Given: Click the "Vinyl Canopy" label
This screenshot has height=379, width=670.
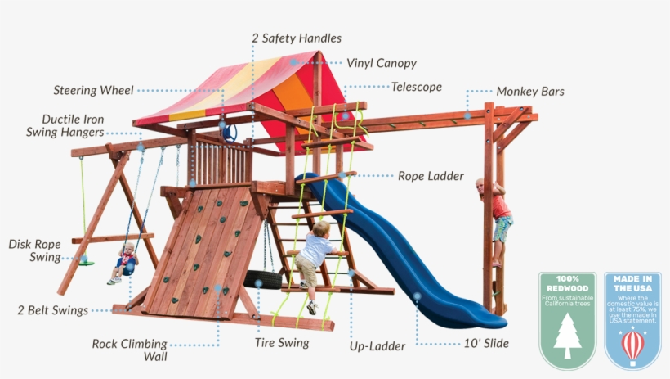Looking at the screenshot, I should tap(381, 63).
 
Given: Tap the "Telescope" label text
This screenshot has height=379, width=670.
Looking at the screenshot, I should tap(416, 87).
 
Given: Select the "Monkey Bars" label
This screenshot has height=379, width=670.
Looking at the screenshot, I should tap(530, 92).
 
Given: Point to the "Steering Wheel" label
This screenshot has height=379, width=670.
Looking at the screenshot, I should tap(93, 90).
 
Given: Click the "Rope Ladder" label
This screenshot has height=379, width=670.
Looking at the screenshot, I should tap(431, 176).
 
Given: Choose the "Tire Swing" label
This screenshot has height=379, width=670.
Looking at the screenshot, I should tap(282, 342).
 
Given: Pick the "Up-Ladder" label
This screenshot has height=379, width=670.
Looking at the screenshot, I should tap(377, 346).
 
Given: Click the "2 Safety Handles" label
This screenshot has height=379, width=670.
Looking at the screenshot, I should tap(296, 38).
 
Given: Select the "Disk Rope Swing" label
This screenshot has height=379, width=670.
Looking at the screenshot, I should tap(35, 250).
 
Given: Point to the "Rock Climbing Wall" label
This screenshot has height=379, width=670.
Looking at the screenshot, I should tap(129, 350).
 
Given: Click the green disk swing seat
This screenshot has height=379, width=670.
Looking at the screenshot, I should tap(85, 262).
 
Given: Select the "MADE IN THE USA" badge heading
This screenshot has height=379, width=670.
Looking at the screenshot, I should tap(632, 284).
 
